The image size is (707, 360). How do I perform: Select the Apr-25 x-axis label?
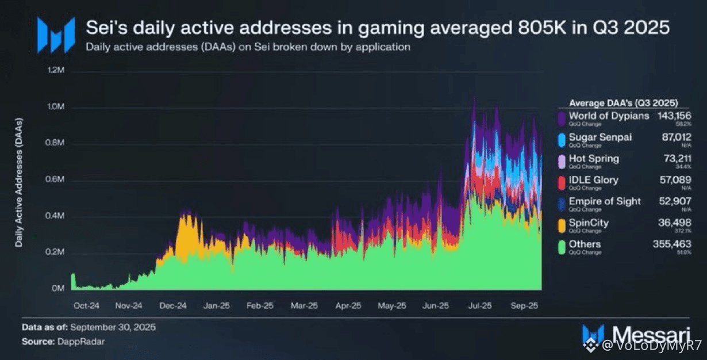pos(348,306)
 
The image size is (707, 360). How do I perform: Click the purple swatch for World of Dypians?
pos(562,118)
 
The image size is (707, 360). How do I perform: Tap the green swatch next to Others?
pos(562,247)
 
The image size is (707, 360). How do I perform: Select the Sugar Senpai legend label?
pos(601,137)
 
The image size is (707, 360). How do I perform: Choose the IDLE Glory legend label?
pos(593,180)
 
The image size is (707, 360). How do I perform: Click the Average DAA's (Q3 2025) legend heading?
pos(623,103)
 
